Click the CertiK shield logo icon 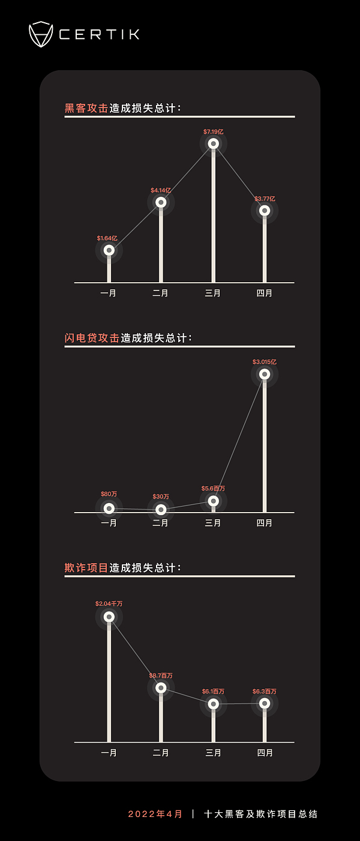41,34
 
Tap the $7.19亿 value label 213,131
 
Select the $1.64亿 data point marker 109,250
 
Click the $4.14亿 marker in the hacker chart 161,202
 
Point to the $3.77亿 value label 265,199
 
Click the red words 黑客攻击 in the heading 86,109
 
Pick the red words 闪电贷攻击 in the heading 92,338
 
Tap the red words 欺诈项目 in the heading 86,568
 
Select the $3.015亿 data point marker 265,374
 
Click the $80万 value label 109,494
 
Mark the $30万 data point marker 161,510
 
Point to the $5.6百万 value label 213,489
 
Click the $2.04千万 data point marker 109,616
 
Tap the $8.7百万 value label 161,676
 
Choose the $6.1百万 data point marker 213,704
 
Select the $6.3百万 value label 265,692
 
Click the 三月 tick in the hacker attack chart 213,294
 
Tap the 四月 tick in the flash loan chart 265,523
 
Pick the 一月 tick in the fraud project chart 109,753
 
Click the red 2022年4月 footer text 155,814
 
